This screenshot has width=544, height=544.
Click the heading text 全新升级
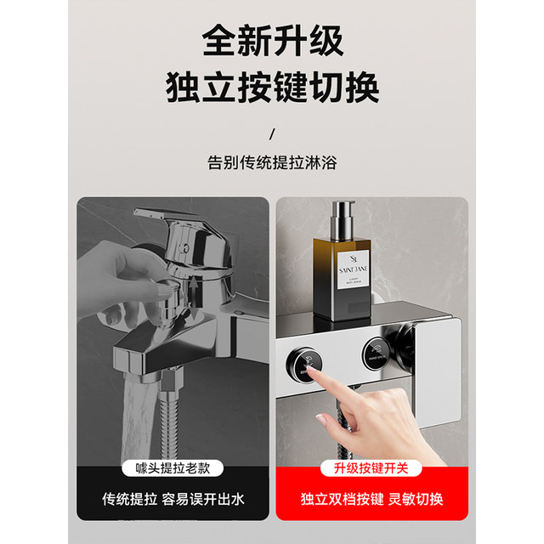tap(271, 40)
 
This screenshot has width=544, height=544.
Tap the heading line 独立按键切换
tap(271, 88)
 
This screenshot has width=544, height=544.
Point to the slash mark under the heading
tap(271, 133)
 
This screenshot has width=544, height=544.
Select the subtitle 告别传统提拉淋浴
tap(271, 161)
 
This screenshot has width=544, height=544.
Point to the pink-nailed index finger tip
tap(325, 420)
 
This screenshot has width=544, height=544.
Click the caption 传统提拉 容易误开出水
tap(173, 499)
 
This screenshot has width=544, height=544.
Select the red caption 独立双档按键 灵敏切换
tap(371, 499)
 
